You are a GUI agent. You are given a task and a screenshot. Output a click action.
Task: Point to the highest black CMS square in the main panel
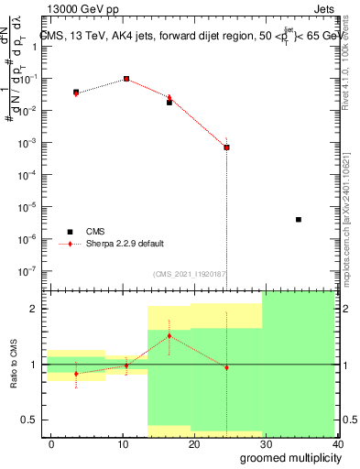[x=126, y=79]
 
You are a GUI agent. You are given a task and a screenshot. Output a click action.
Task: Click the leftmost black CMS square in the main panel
[x=76, y=93]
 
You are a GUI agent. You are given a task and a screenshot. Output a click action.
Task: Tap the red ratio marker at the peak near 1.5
[x=169, y=336]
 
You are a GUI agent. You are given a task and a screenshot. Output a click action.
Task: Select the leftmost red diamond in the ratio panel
[x=76, y=374]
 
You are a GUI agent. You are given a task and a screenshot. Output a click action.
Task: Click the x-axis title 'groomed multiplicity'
[x=287, y=458]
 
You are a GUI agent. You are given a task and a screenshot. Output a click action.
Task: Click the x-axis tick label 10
[x=123, y=444]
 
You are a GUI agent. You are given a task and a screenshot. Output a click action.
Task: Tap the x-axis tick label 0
[x=52, y=444]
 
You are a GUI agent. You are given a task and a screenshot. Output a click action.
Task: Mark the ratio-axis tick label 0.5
[x=30, y=420]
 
